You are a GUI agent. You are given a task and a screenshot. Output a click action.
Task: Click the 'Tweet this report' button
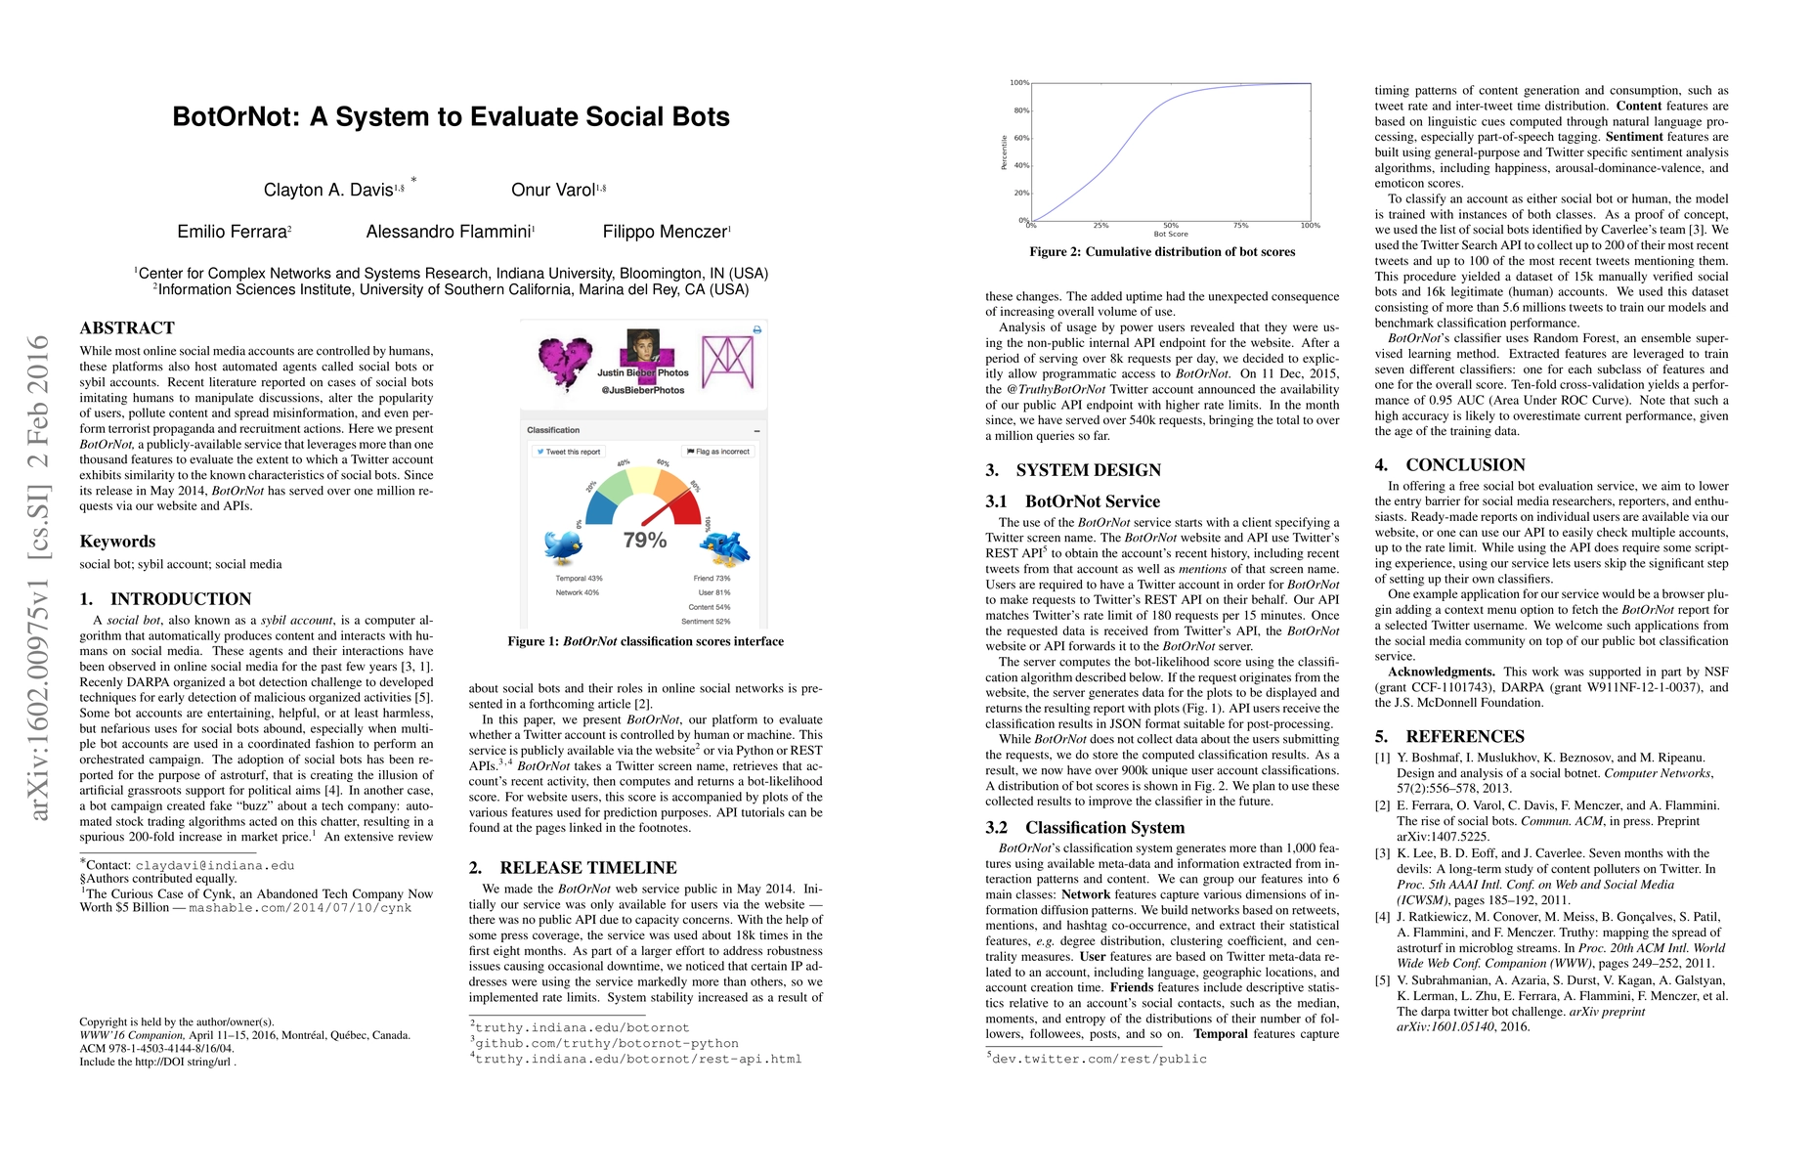coord(569,452)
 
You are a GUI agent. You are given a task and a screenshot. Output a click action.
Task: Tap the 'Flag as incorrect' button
coord(718,452)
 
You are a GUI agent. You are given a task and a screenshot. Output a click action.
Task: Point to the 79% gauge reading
coord(645,540)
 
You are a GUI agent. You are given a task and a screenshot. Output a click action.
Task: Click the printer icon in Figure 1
coord(756,330)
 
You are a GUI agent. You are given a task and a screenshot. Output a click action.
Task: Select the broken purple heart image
coord(565,363)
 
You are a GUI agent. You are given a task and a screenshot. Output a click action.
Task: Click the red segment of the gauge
coord(687,507)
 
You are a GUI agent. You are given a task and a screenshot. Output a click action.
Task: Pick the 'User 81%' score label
coord(713,592)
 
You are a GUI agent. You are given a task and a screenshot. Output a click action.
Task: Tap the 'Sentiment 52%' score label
coord(706,622)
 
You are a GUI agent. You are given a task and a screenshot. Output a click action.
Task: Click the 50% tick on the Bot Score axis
coord(1171,225)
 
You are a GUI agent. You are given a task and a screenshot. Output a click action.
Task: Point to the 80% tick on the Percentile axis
coord(1020,110)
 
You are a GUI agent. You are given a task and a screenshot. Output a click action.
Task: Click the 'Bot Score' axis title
coord(1171,235)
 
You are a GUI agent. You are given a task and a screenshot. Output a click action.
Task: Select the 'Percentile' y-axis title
coord(1004,152)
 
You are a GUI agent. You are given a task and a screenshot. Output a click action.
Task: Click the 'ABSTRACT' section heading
coord(127,328)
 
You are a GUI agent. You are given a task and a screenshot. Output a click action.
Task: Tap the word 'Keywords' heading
coord(117,542)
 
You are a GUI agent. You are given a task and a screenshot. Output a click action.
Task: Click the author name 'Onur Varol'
coord(553,190)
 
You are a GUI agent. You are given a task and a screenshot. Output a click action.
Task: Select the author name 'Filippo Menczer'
coord(665,232)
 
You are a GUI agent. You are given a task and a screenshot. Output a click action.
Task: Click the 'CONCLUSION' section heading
coord(1465,465)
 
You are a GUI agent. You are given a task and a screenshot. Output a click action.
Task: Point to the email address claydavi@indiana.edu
coord(215,865)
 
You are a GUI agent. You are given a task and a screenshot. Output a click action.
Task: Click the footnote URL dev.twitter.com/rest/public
coord(1100,1059)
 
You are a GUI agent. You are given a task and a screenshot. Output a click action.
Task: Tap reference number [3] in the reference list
coord(1382,853)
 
